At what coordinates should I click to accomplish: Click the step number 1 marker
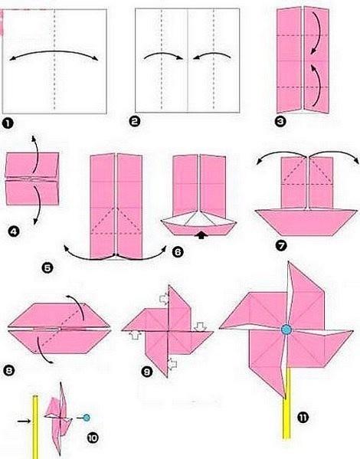(x=8, y=123)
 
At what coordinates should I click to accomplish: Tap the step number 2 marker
(x=134, y=121)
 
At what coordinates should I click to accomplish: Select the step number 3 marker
(x=280, y=121)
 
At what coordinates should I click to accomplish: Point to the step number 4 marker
(x=14, y=232)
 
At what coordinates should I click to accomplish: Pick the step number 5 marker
(x=47, y=267)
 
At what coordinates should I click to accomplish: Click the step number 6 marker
(x=178, y=251)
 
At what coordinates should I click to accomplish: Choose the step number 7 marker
(x=281, y=246)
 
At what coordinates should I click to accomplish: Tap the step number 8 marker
(x=8, y=371)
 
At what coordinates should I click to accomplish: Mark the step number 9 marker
(x=147, y=372)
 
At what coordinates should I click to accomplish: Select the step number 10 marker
(x=93, y=438)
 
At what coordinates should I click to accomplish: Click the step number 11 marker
(x=303, y=417)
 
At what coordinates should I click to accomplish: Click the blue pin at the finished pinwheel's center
(x=286, y=329)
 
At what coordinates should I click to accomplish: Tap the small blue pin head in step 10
(x=87, y=418)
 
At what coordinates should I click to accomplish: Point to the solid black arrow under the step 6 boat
(x=201, y=235)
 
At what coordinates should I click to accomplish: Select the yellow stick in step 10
(x=35, y=427)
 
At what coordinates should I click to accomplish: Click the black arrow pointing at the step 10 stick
(x=24, y=421)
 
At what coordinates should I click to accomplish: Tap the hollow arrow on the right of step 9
(x=201, y=326)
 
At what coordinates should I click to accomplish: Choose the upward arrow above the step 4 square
(x=36, y=154)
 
